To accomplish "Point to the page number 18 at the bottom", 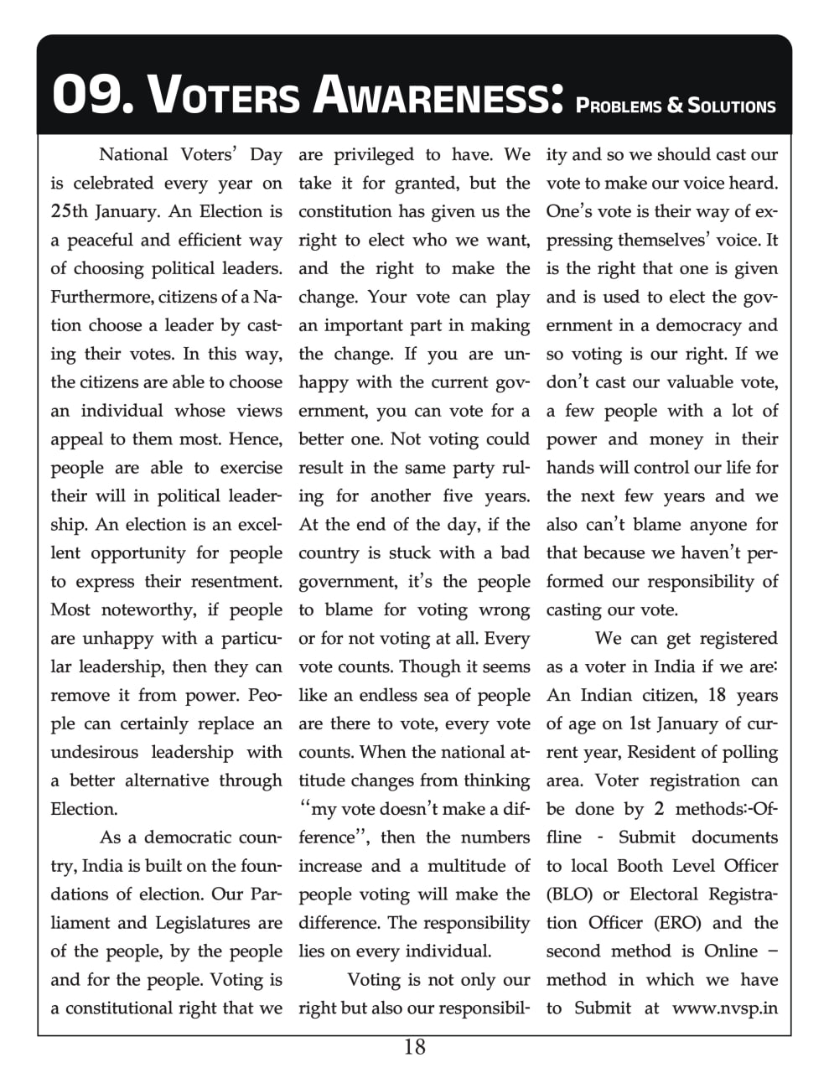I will pyautogui.click(x=414, y=1047).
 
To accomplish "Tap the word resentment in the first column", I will pyautogui.click(x=232, y=581).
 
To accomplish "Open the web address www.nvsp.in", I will pyautogui.click(x=725, y=1008).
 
